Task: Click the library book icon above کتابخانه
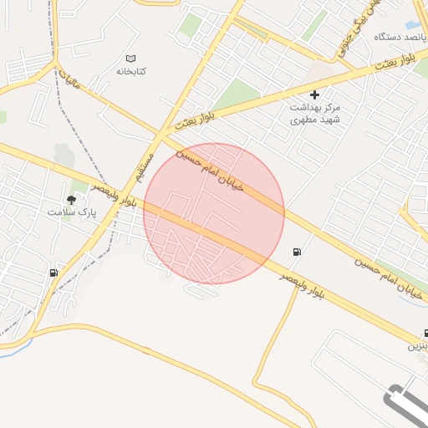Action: pyautogui.click(x=130, y=59)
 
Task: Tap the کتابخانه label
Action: pyautogui.click(x=130, y=71)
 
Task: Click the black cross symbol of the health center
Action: pyautogui.click(x=314, y=95)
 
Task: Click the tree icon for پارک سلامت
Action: pyautogui.click(x=71, y=199)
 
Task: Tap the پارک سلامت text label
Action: pyautogui.click(x=72, y=212)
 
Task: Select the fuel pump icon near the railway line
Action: pyautogui.click(x=54, y=273)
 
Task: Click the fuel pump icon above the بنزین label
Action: pyautogui.click(x=425, y=333)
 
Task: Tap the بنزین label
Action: pyautogui.click(x=417, y=345)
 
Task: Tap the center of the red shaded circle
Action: pyautogui.click(x=214, y=213)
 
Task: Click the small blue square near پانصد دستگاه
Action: pyautogui.click(x=412, y=25)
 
